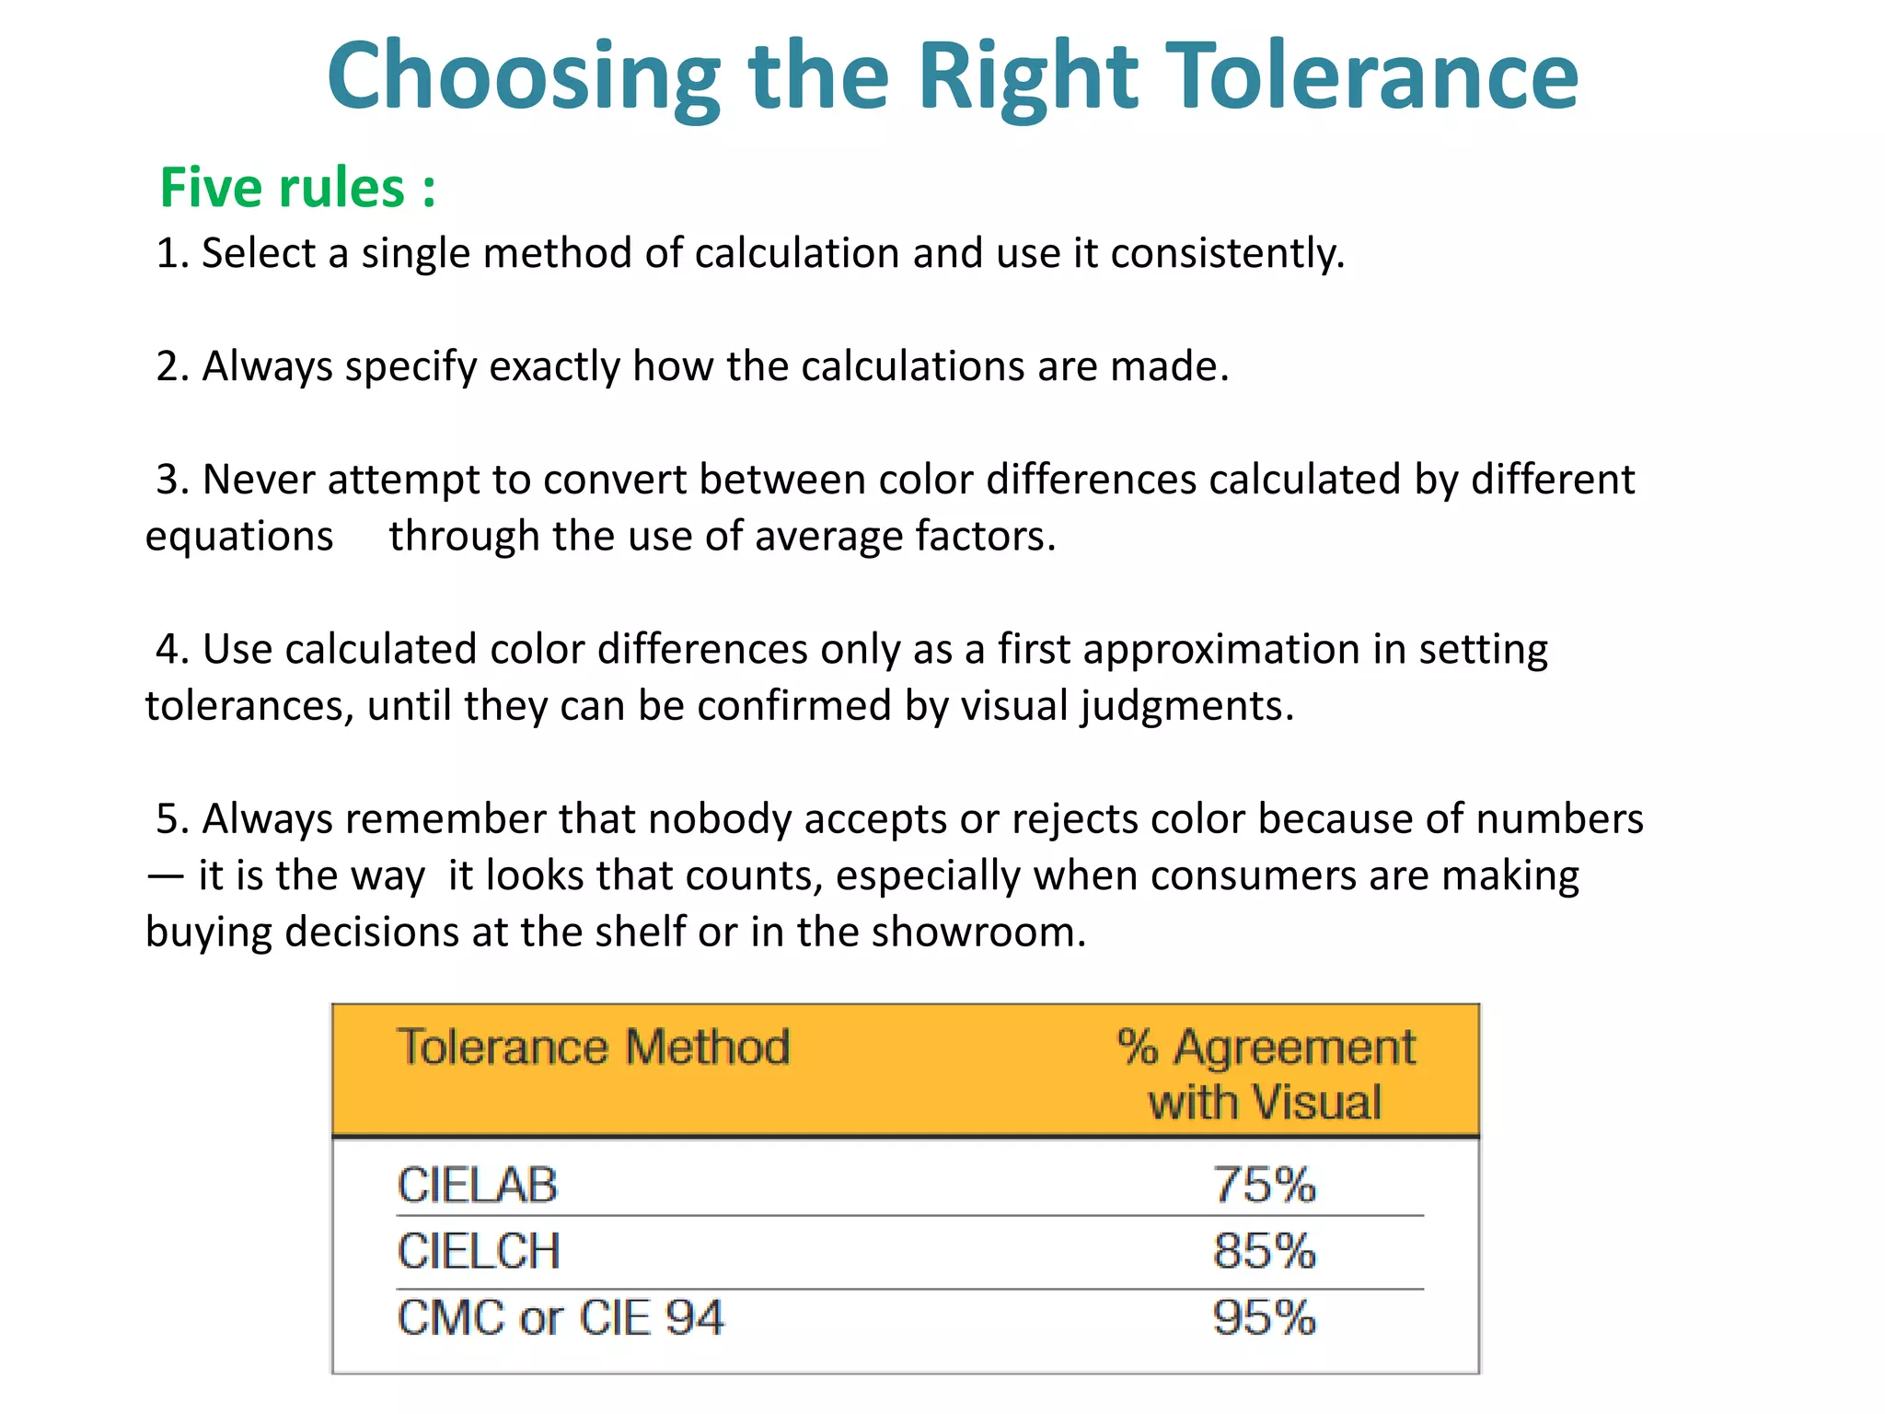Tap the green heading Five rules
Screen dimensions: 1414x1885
296,188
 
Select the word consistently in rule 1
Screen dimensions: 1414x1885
1227,253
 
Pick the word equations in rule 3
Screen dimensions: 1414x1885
239,537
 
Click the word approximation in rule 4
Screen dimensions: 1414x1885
1220,650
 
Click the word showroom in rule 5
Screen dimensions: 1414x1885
978,933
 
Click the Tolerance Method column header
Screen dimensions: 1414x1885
593,1048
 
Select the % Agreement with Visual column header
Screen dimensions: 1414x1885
1266,1074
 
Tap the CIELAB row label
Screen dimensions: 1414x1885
477,1186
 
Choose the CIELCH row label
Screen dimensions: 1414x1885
479,1252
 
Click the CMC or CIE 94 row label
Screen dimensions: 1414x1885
561,1318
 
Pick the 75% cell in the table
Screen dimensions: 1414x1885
1264,1186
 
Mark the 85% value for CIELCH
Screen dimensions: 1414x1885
1264,1252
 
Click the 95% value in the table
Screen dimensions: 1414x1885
1264,1318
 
